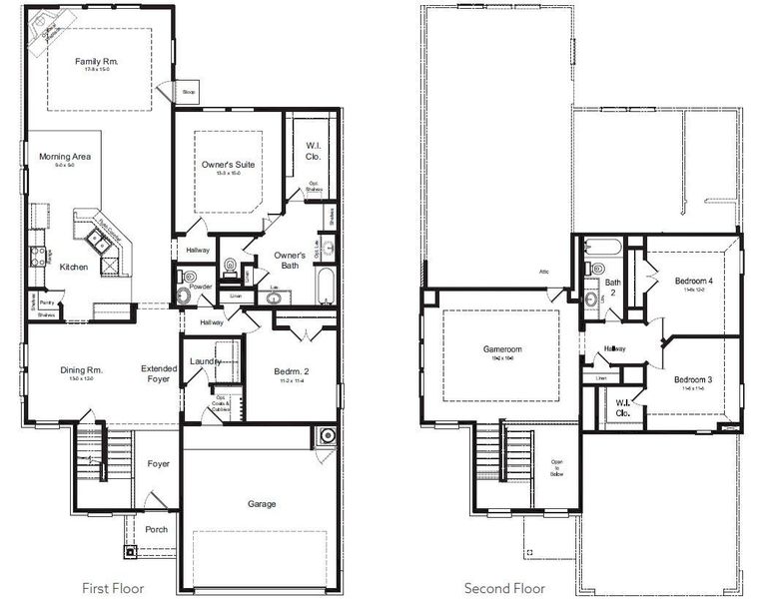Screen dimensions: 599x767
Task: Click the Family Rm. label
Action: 97,62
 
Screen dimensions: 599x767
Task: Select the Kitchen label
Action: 73,267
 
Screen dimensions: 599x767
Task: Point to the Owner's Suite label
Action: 223,164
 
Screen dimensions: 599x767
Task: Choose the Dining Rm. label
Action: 75,370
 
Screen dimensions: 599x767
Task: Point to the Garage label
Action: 262,504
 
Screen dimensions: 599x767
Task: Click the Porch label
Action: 157,529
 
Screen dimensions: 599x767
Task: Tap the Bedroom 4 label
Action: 693,282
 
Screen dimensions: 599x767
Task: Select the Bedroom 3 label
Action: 693,380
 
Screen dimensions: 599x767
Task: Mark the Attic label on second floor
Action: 545,272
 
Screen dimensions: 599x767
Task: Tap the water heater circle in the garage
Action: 327,436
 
